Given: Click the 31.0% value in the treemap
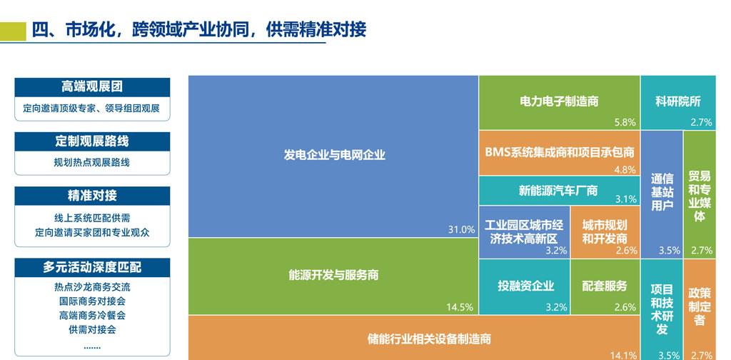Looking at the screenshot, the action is pyautogui.click(x=462, y=229).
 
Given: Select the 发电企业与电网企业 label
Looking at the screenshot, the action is pyautogui.click(x=334, y=155).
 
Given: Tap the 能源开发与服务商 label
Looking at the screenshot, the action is pyautogui.click(x=333, y=275).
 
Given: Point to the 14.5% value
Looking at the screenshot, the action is pyautogui.click(x=460, y=307).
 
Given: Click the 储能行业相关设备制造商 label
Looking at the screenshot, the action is pyautogui.click(x=429, y=339).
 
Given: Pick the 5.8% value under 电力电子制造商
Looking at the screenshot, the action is pyautogui.click(x=625, y=123).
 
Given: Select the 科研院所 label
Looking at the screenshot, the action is pyautogui.click(x=678, y=101).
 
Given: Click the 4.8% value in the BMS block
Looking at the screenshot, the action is pyautogui.click(x=625, y=170).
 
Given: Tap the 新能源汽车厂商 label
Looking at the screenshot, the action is pyautogui.click(x=558, y=190).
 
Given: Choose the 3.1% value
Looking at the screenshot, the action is pyautogui.click(x=626, y=199).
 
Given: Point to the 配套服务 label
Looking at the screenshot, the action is pyautogui.click(x=605, y=286).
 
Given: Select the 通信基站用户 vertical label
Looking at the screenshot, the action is pyautogui.click(x=662, y=192).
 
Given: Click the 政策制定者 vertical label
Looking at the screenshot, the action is pyautogui.click(x=700, y=306).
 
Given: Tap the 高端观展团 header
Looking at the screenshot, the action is pyautogui.click(x=92, y=86).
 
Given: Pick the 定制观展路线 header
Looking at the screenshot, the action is pyautogui.click(x=92, y=141).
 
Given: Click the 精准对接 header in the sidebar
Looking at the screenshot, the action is pyautogui.click(x=92, y=196).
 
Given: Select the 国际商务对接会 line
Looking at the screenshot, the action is pyautogui.click(x=92, y=301).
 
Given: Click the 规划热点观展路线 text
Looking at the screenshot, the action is pyautogui.click(x=92, y=163).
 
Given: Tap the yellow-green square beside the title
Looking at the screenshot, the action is pyautogui.click(x=13, y=31).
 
